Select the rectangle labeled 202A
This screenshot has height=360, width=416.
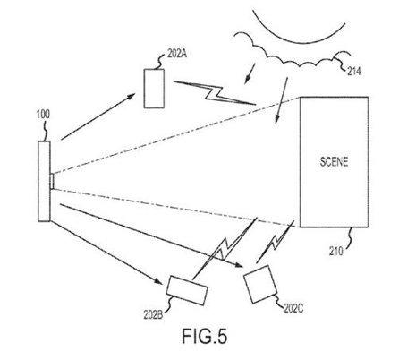tap(157, 89)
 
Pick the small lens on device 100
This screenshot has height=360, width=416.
tap(54, 180)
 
